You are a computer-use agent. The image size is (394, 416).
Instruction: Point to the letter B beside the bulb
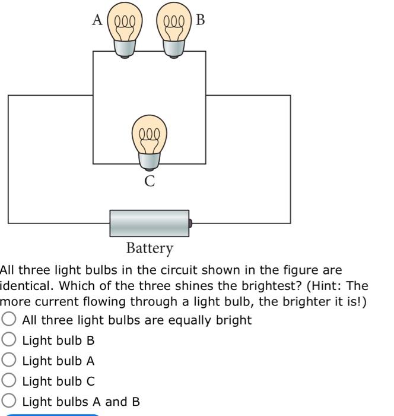point(200,20)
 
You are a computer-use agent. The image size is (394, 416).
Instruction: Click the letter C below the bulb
point(150,181)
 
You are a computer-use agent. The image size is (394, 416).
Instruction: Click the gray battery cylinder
point(149,223)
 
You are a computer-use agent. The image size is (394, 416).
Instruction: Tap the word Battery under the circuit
point(150,248)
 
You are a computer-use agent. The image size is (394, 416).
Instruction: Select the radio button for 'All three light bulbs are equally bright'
point(9,320)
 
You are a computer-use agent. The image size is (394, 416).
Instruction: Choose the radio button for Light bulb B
point(9,340)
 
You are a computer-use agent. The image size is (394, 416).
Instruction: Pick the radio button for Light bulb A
point(9,360)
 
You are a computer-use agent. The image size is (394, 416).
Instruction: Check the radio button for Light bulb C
point(9,381)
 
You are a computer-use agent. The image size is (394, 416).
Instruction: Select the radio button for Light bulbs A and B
point(9,401)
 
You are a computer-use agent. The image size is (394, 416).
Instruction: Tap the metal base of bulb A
point(124,49)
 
